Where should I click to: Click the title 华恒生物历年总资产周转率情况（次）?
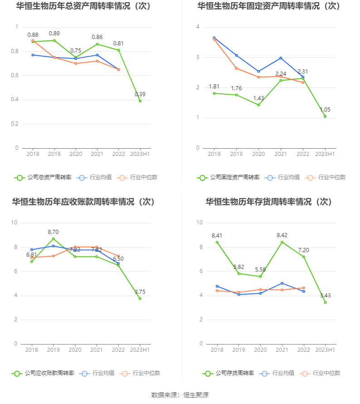[83, 6]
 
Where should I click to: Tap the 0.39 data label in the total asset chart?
[140, 94]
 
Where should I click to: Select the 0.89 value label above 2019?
[54, 34]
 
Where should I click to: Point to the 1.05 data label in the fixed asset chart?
[325, 109]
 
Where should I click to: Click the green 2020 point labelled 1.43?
[258, 105]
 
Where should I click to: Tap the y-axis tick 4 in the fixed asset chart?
[198, 27]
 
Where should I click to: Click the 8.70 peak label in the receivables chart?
[54, 232]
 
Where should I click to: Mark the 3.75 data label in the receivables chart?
[140, 292]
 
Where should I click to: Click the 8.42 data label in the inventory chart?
[282, 235]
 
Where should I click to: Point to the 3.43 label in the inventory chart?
[325, 296]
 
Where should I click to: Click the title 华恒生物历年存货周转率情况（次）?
[269, 202]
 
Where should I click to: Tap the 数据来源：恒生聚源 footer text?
[180, 395]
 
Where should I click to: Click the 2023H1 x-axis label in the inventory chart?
[325, 350]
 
